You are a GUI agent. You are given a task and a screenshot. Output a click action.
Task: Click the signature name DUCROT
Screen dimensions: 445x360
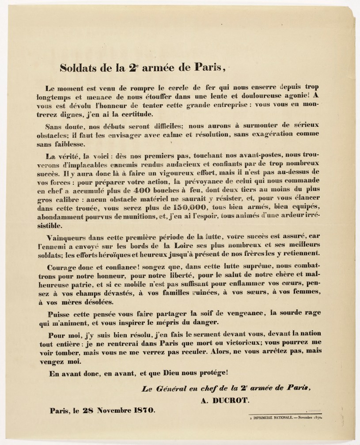coord(229,400)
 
